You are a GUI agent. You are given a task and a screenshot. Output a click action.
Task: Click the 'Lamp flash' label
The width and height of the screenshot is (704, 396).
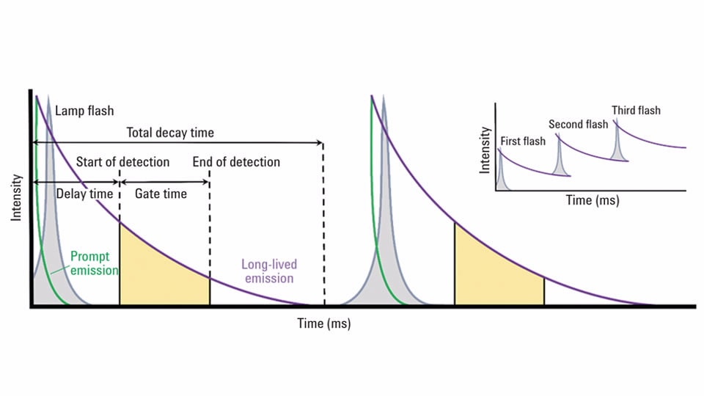[84, 111]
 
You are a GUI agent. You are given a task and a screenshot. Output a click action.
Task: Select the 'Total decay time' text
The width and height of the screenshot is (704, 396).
[170, 133]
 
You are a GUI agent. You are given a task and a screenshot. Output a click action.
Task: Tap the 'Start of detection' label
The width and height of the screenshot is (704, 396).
[122, 161]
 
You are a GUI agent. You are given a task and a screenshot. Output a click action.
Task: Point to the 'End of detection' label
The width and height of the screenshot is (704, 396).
[236, 161]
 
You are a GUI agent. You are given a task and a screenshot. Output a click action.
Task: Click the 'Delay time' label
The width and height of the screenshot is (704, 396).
[84, 194]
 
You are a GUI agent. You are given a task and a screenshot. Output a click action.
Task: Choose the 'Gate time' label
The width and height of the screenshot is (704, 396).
[161, 194]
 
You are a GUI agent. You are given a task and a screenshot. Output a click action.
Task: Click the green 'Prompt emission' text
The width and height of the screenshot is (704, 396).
[94, 263]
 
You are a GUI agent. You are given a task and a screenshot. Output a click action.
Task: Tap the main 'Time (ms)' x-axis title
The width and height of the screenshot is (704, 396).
[323, 323]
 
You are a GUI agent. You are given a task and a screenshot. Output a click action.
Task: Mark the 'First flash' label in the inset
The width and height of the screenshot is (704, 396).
[522, 141]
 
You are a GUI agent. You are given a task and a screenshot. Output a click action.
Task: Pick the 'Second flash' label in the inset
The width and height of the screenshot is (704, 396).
[578, 124]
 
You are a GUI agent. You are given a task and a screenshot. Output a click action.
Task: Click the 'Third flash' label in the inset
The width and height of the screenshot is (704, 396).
[636, 111]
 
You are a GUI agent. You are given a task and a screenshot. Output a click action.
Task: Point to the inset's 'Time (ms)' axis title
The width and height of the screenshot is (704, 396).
[592, 200]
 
